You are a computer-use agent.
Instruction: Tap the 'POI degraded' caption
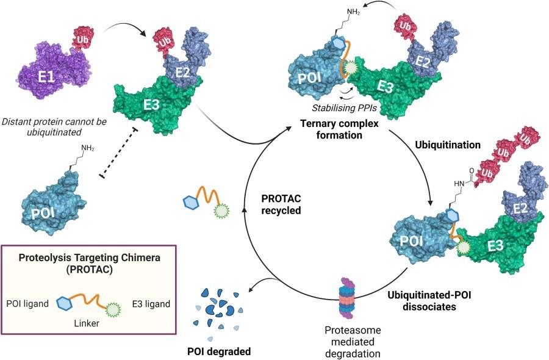[x=219, y=352]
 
